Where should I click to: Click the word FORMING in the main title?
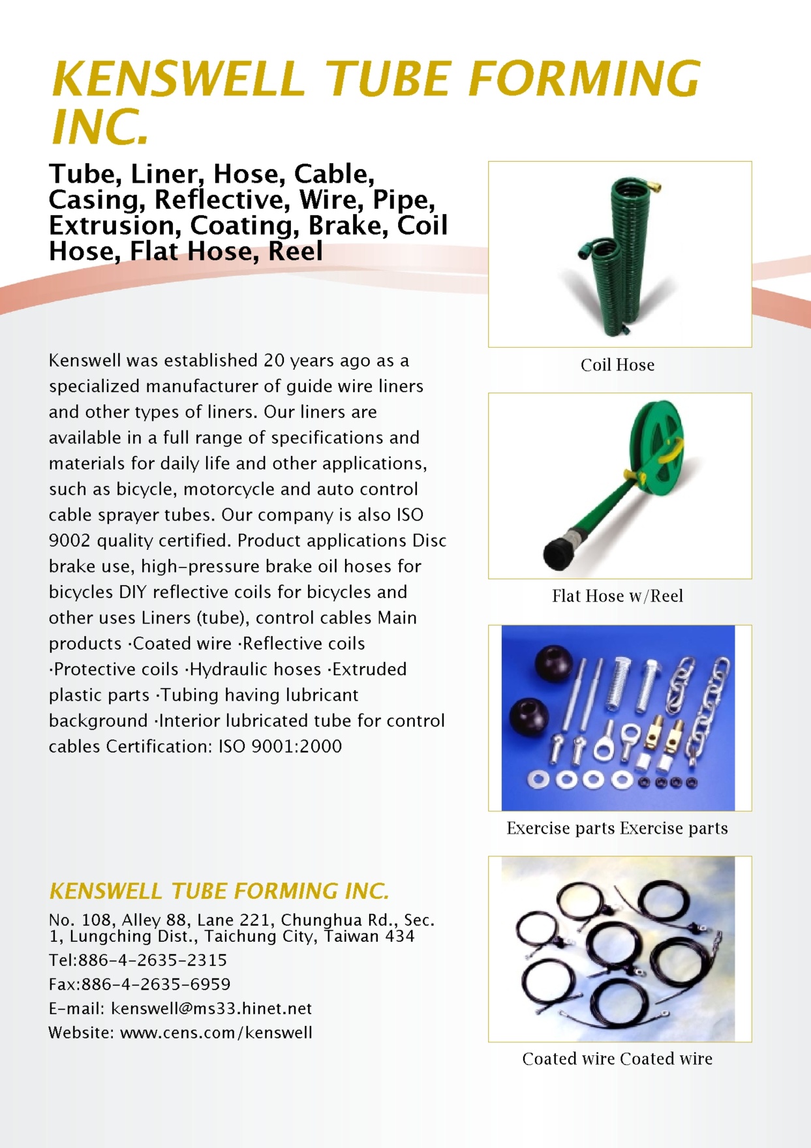click(x=583, y=78)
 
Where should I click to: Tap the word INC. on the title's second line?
click(x=100, y=127)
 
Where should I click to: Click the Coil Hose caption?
click(x=617, y=365)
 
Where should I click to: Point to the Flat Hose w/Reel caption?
click(x=617, y=596)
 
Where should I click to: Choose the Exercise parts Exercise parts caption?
click(x=617, y=828)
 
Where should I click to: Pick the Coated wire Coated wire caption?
click(x=617, y=1059)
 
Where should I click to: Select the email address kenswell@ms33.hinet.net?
click(x=211, y=1008)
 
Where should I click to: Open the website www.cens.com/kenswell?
click(x=216, y=1033)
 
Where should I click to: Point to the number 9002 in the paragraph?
click(x=69, y=541)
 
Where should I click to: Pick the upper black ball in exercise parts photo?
click(x=554, y=665)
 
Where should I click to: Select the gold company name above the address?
click(x=219, y=891)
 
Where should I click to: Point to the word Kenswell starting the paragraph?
click(x=85, y=361)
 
